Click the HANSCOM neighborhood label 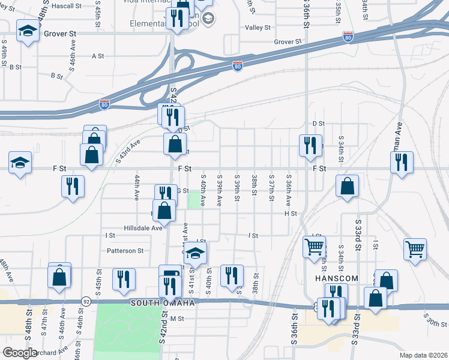(x=336, y=279)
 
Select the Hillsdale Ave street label (x=143, y=228)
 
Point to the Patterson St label (x=125, y=251)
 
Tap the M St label (x=176, y=319)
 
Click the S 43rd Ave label (x=127, y=151)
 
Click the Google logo (x=20, y=353)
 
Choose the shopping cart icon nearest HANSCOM (x=315, y=246)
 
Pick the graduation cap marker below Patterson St (x=195, y=254)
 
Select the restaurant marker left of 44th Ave (x=73, y=187)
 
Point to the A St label (x=98, y=56)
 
